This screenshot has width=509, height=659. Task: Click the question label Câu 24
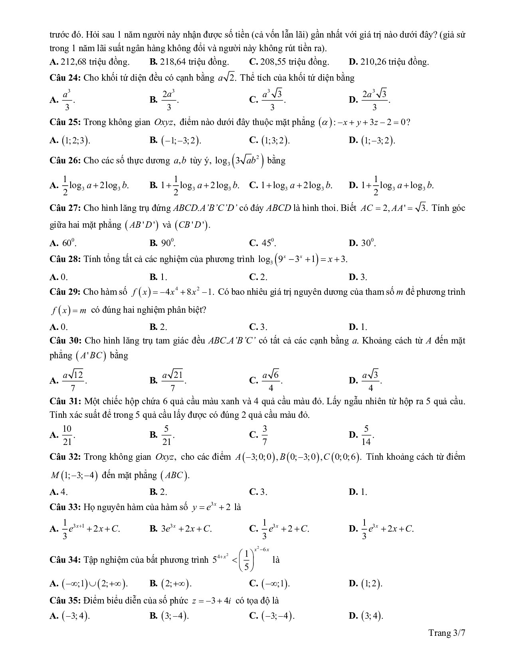(x=65, y=78)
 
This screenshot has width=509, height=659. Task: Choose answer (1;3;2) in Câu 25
(x=275, y=140)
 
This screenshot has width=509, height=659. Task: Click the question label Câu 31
(x=65, y=401)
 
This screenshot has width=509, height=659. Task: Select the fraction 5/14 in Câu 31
(x=366, y=435)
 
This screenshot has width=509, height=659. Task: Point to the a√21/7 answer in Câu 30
(x=172, y=381)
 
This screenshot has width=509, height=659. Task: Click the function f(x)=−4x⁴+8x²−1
(x=173, y=292)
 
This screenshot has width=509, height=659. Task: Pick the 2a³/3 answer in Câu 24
(x=169, y=100)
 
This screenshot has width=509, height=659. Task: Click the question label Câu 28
(x=65, y=259)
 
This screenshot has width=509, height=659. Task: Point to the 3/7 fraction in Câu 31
(x=264, y=435)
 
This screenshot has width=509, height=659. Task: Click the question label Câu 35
(x=65, y=600)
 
